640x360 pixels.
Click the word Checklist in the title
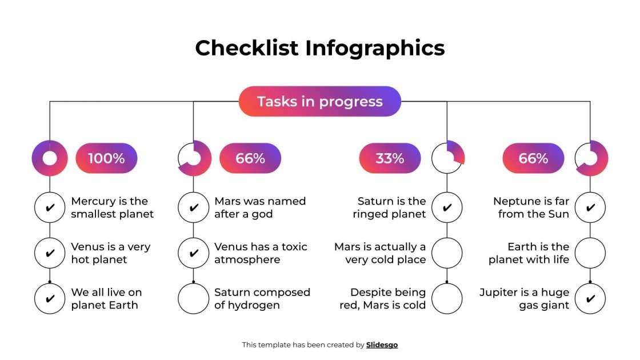[246, 48]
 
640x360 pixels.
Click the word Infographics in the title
[375, 48]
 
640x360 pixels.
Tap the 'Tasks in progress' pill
[320, 102]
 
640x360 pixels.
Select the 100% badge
[106, 158]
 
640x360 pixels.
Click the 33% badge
[390, 158]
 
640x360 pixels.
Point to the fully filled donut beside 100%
[50, 158]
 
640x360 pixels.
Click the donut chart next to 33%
[448, 157]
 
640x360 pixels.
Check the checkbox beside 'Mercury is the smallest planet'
[50, 207]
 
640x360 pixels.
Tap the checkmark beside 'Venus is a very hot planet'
[50, 253]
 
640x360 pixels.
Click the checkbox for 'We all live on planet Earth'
[50, 298]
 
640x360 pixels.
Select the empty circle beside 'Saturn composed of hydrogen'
[193, 298]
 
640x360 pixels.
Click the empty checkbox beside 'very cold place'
[447, 253]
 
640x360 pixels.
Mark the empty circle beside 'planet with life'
[590, 253]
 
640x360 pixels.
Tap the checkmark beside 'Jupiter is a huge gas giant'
[590, 298]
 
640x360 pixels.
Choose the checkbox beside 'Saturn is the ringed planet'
[447, 207]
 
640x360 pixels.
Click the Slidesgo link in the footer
[382, 345]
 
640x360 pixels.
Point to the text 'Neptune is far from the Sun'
[531, 207]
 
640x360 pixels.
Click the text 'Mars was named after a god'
[260, 207]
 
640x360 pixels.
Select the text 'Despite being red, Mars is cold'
[382, 298]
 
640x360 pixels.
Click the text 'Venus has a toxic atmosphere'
[261, 253]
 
